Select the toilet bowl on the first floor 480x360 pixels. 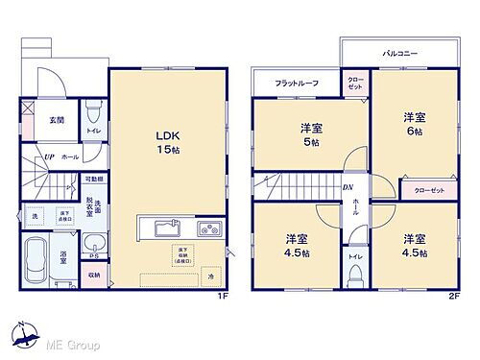(x=91, y=108)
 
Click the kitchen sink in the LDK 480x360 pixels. (x=163, y=229)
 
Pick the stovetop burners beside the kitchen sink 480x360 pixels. (x=209, y=229)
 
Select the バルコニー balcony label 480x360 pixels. (x=398, y=54)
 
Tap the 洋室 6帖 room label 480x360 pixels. (x=414, y=124)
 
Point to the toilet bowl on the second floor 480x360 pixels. (x=355, y=276)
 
